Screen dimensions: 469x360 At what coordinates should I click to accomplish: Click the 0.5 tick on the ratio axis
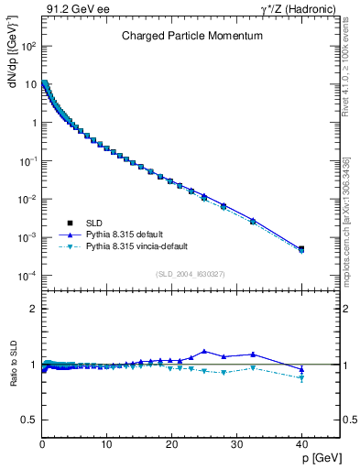[30, 420]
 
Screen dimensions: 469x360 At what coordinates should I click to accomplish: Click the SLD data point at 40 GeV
[301, 248]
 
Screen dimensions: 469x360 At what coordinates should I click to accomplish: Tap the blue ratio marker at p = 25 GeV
[204, 351]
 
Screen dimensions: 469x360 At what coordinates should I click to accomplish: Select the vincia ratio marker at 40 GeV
[301, 377]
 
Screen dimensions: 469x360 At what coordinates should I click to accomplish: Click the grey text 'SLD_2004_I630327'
[191, 273]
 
